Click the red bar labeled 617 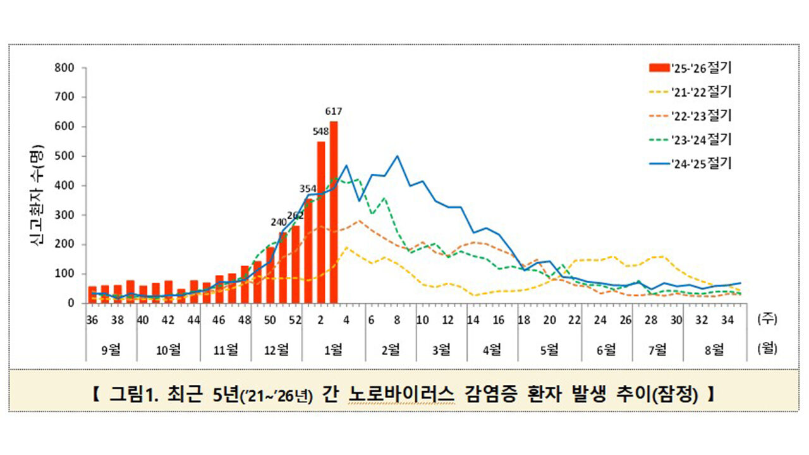click(334, 212)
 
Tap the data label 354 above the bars click(308, 188)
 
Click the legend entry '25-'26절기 click(690, 67)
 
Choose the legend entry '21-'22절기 click(690, 91)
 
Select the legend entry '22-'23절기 click(690, 115)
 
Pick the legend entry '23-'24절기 click(690, 139)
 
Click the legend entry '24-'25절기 click(690, 163)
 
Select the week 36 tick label click(92, 320)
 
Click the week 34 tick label click(727, 320)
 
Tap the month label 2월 click(391, 349)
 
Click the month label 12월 click(276, 349)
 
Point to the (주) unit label click(767, 320)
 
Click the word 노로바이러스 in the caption click(401, 396)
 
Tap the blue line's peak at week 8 click(397, 156)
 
